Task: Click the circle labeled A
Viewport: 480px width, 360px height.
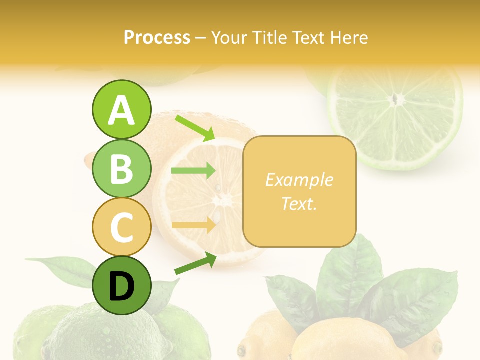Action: [121, 109]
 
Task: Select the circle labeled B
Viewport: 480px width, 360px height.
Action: [121, 168]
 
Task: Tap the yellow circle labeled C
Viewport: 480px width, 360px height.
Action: [121, 227]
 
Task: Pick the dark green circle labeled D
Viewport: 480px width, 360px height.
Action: [121, 286]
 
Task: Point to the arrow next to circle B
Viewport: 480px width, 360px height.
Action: [193, 171]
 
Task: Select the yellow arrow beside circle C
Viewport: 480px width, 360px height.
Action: [193, 225]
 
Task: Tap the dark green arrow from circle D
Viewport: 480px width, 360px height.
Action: [195, 263]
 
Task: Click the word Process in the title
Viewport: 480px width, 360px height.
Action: [157, 37]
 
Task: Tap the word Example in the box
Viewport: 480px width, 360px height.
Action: [299, 180]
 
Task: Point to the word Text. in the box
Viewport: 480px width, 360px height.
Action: [299, 203]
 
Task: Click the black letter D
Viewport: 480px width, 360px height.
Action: [121, 286]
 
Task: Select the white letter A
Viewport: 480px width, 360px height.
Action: [121, 110]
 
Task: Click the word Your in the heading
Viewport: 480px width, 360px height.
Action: [228, 37]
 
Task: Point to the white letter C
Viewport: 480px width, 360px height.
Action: [121, 227]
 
